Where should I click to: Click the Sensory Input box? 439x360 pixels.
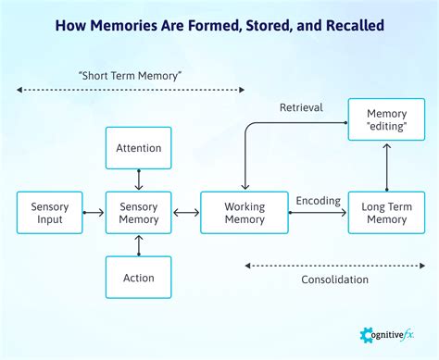[x=49, y=213]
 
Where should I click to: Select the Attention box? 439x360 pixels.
[x=138, y=148]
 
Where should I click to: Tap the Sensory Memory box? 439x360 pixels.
[x=138, y=213]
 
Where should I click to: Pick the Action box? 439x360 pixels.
[x=138, y=278]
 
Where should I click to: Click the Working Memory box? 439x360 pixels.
[x=244, y=213]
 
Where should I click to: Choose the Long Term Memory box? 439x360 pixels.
[x=386, y=213]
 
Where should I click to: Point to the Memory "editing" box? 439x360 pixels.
[x=386, y=120]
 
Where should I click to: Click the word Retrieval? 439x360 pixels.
[x=301, y=108]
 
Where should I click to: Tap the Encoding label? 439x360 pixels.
[x=318, y=200]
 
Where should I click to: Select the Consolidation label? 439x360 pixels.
[x=334, y=279]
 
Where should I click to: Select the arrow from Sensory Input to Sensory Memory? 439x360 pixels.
[x=94, y=213]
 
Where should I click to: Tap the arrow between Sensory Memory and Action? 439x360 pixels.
[x=138, y=245]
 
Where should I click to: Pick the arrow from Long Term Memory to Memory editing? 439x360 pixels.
[x=386, y=167]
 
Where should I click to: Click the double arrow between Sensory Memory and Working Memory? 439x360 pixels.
[x=185, y=213]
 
